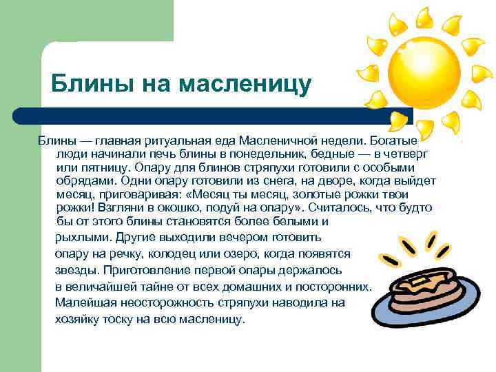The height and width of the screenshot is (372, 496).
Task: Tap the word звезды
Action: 74,270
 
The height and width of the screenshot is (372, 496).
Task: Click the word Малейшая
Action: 85,302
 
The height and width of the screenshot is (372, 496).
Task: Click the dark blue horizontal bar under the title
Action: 207,115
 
